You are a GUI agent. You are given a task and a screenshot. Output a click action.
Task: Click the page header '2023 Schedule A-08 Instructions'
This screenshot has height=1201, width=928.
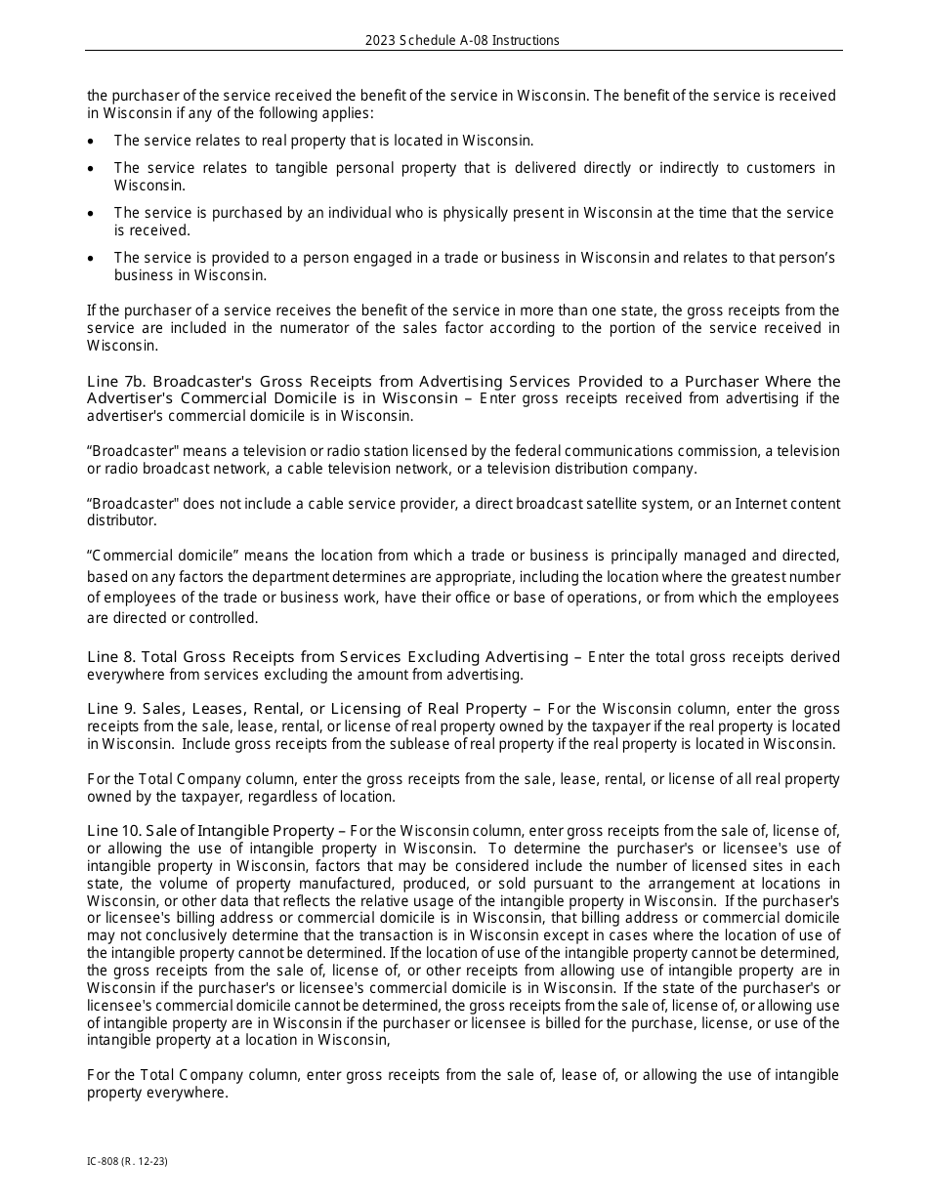pos(462,40)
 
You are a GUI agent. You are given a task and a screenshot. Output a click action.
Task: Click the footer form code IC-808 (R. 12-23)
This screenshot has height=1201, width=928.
pos(120,1162)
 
